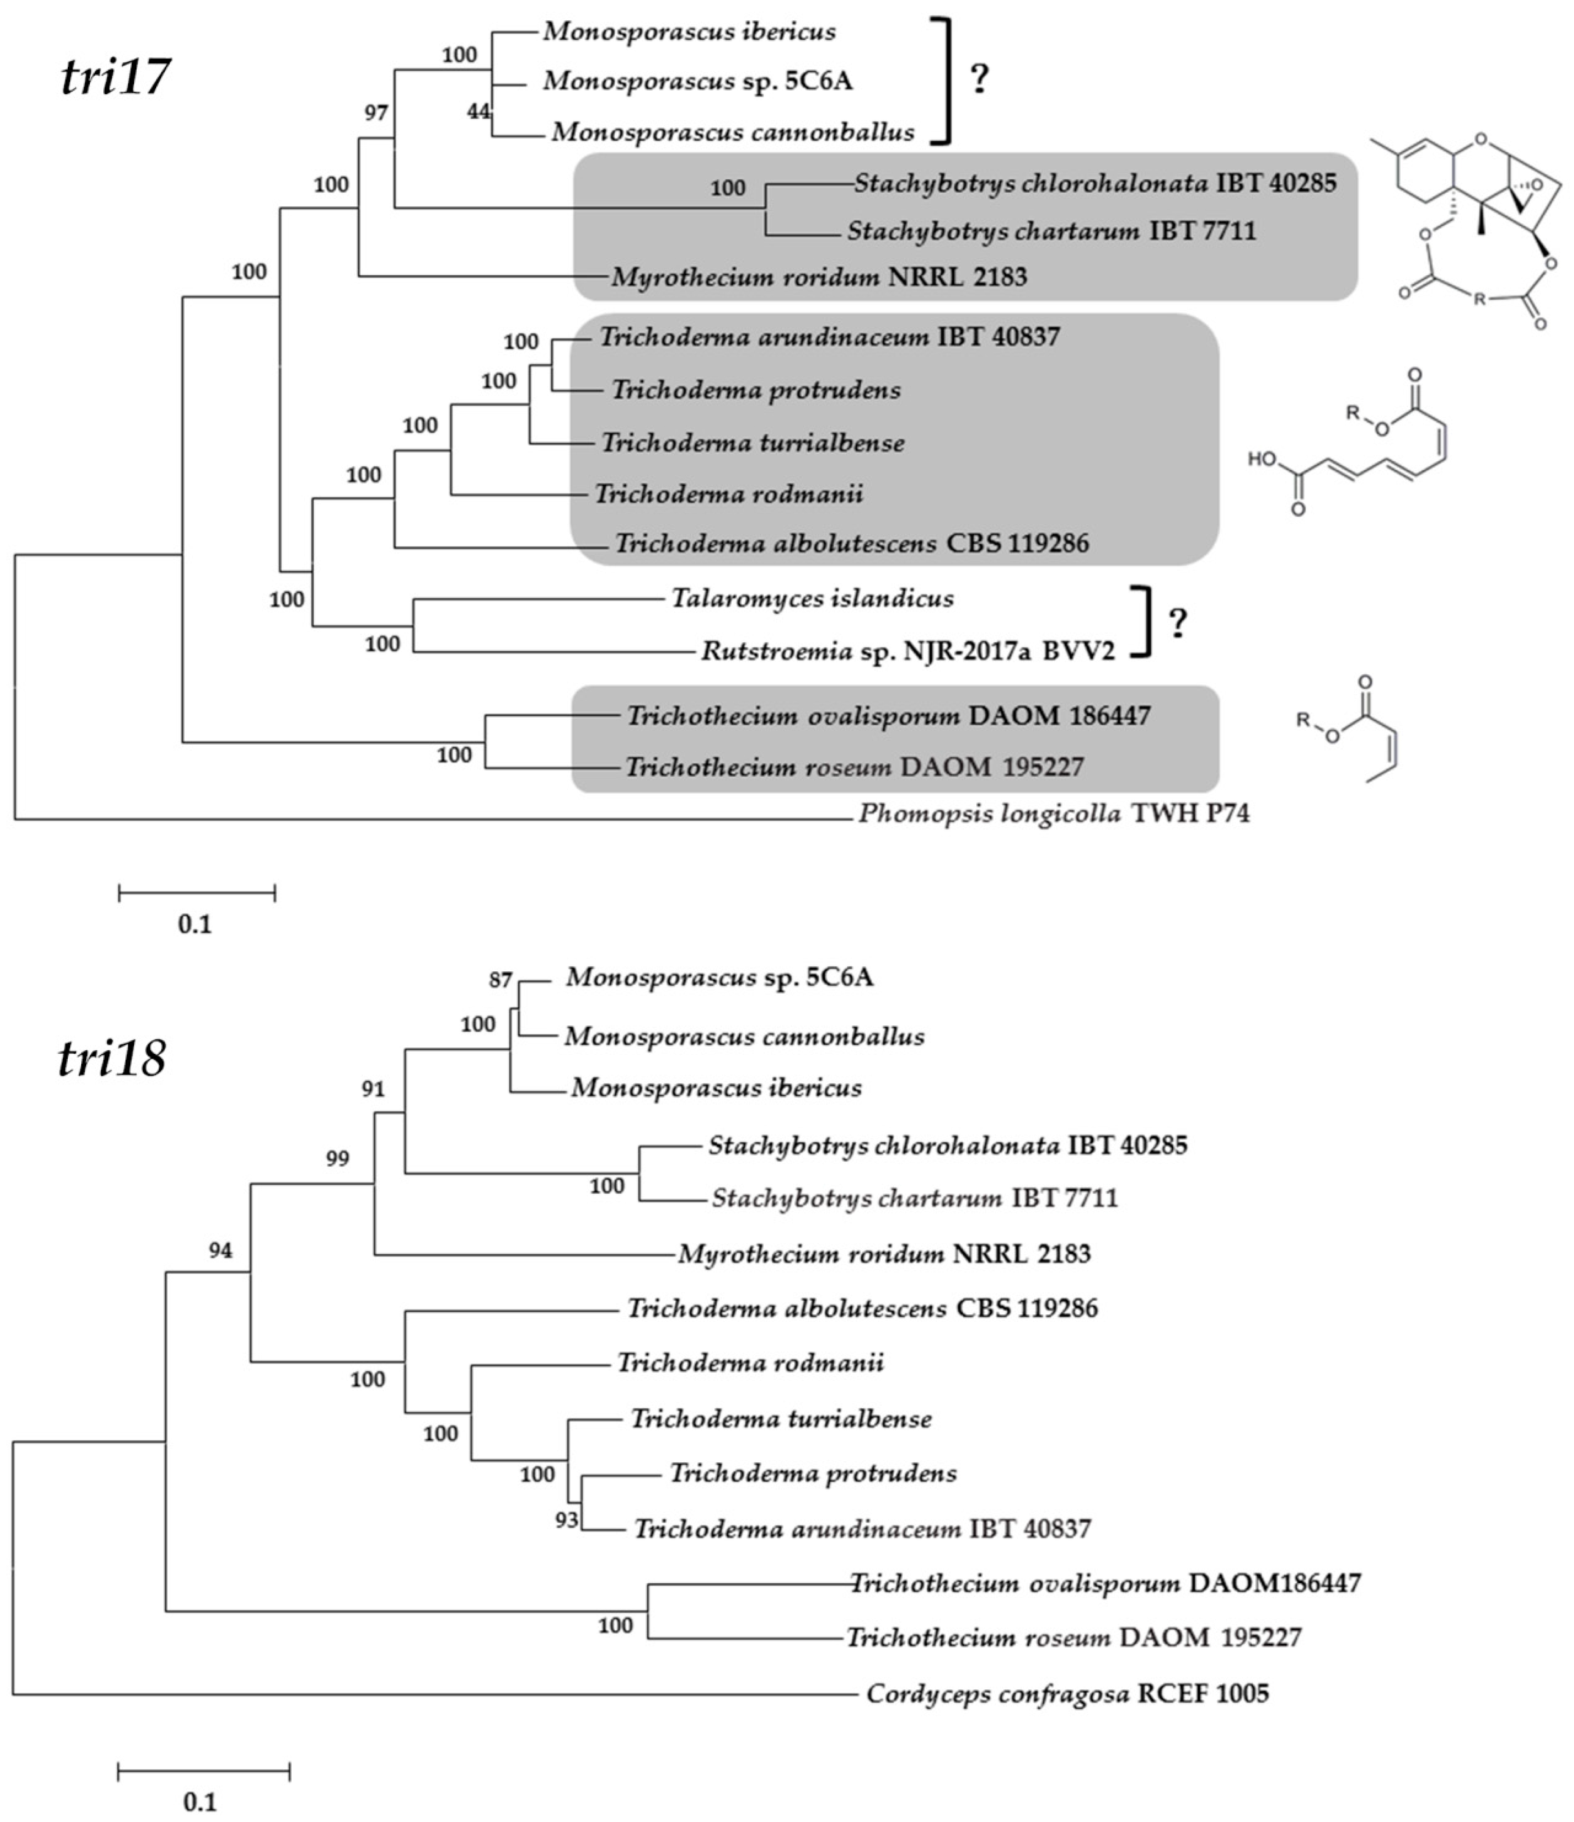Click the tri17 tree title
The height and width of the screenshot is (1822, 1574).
[x=114, y=77]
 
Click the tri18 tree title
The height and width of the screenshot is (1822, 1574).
[x=111, y=1059]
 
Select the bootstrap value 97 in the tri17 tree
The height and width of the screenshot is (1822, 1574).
[x=376, y=112]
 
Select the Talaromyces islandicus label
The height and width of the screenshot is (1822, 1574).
[x=813, y=599]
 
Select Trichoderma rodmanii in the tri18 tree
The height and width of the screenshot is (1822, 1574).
[x=750, y=1363]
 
